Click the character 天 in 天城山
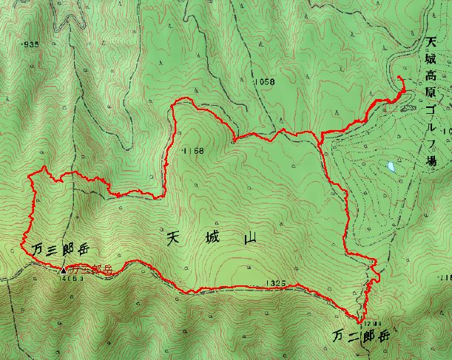click(x=174, y=238)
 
